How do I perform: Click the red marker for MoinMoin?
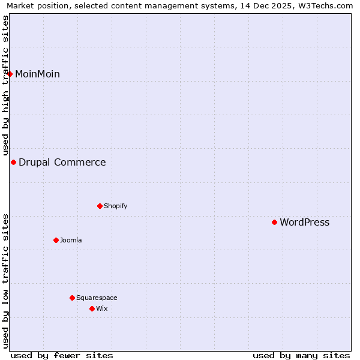(10, 74)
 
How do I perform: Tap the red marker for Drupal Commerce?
(13, 162)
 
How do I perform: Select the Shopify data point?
(100, 206)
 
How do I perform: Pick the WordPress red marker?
(274, 222)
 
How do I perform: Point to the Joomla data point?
(56, 240)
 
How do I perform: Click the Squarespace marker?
(72, 298)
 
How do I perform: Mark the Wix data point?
(92, 308)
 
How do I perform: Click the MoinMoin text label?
(37, 74)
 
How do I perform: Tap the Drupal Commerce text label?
(62, 163)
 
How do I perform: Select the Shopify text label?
(116, 206)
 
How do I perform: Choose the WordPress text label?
(305, 223)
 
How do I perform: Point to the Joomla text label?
(71, 241)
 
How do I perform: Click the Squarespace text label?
(97, 298)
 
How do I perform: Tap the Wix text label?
(102, 309)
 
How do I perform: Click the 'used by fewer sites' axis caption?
(62, 356)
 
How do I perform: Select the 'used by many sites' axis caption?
(301, 356)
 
